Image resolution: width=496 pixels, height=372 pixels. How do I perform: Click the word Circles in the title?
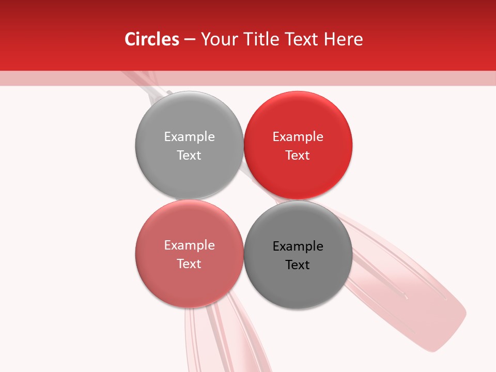coord(152,39)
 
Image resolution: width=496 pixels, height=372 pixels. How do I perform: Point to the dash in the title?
coord(190,40)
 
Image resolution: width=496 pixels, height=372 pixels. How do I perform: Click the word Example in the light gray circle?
coord(189,136)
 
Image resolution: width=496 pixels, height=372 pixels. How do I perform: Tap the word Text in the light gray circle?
coord(189,155)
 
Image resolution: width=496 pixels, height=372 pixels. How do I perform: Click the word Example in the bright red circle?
coord(298,136)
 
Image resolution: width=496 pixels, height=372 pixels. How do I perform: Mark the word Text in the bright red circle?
coord(298,155)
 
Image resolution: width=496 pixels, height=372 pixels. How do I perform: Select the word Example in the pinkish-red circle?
coord(189,245)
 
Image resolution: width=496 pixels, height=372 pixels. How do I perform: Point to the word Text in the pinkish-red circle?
coord(189,263)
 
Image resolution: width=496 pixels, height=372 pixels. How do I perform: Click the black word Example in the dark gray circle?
coord(298,246)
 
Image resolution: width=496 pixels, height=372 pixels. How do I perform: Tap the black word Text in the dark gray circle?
coord(298,265)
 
